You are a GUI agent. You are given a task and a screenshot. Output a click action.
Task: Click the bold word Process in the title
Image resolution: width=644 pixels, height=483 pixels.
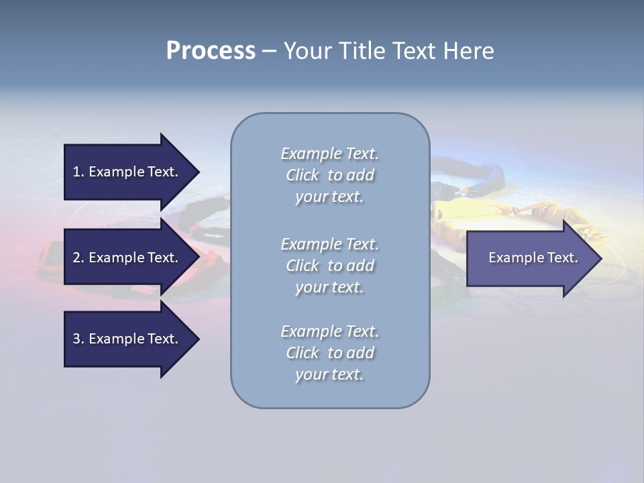coord(211,51)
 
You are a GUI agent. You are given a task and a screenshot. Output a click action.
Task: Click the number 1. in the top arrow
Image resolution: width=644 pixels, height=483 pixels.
coord(78,172)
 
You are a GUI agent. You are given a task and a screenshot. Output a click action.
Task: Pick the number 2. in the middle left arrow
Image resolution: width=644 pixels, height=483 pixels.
coord(78,258)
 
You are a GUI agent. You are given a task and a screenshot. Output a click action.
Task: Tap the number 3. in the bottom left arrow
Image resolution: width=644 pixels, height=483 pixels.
coord(78,339)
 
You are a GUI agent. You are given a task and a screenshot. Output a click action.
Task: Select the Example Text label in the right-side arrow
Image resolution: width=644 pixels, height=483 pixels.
coord(533,258)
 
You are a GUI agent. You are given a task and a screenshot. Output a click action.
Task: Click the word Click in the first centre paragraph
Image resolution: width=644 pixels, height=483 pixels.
coord(303,176)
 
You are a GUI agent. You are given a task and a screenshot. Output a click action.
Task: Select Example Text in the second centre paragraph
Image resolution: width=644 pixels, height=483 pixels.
coord(329,244)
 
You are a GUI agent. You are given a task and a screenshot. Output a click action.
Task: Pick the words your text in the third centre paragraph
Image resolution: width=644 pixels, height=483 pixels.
coord(329,374)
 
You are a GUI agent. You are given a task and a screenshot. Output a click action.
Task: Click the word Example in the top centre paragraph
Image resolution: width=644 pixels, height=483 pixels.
coord(311,154)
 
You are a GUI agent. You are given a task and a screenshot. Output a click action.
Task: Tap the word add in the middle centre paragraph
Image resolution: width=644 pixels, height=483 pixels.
coord(361,266)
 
